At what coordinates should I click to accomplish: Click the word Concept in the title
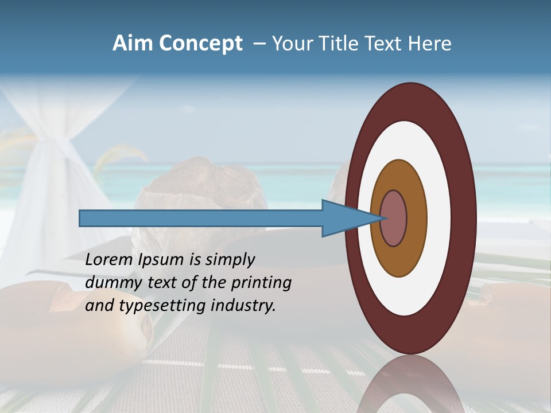[200, 44]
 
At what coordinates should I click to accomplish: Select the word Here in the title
[429, 44]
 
